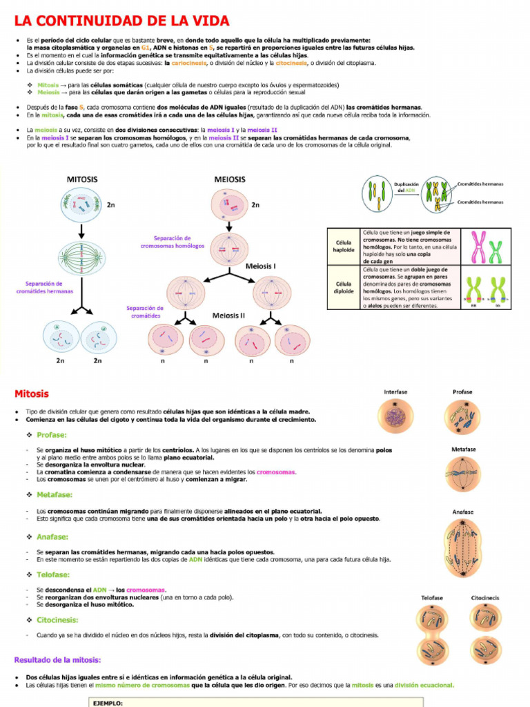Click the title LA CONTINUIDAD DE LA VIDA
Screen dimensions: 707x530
121,21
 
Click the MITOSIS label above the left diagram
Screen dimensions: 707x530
82,180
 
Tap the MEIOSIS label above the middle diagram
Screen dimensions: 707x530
230,180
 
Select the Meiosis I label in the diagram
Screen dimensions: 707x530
261,265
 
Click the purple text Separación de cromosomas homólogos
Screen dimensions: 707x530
173,242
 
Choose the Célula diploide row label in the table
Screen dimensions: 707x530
343,287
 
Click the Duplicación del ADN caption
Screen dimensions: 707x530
406,188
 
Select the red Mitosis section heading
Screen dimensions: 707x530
32,394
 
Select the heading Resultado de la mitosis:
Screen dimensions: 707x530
58,659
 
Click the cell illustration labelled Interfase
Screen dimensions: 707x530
395,417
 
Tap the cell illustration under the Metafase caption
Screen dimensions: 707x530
463,474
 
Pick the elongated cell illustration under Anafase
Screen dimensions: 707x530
463,548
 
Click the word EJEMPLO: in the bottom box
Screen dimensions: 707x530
108,702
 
